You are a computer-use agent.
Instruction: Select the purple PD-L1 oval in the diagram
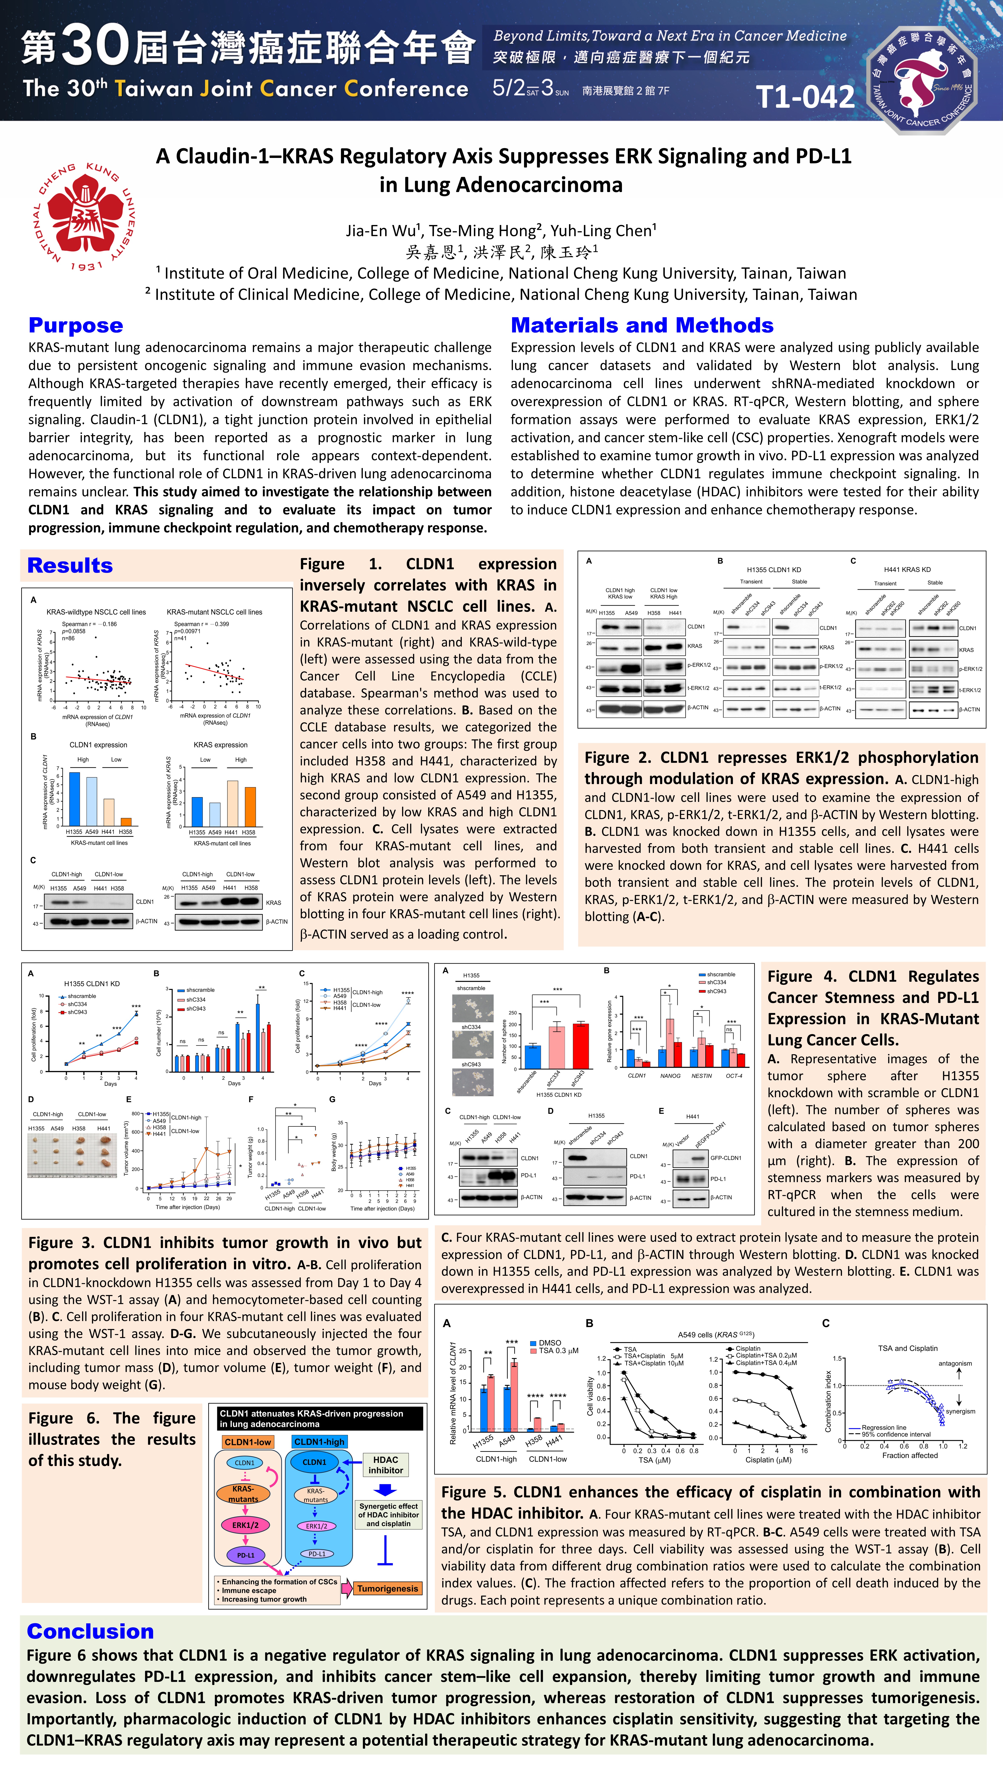[245, 1555]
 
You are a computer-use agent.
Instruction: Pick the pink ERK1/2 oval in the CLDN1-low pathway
[245, 1525]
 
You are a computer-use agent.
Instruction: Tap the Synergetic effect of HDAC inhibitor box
[388, 1515]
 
